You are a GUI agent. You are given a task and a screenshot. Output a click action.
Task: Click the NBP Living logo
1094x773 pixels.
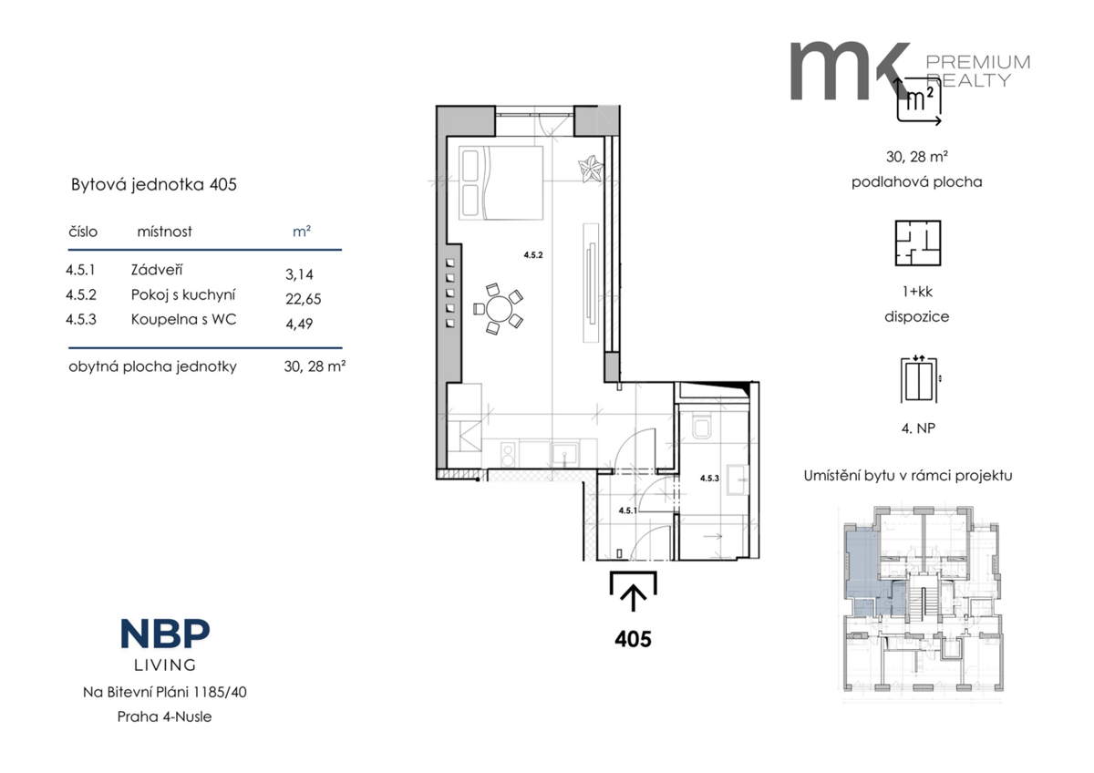[165, 644]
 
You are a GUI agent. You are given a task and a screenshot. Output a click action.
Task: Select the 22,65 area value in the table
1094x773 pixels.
[304, 299]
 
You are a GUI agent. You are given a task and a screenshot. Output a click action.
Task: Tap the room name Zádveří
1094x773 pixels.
[157, 270]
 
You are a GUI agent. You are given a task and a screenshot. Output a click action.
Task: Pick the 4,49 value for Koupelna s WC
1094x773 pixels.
[299, 324]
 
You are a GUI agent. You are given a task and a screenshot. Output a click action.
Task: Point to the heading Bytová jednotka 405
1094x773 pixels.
[154, 184]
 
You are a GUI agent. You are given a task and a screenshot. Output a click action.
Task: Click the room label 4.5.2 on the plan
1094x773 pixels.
[533, 255]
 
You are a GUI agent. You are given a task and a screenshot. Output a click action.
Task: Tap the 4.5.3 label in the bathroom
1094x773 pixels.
[709, 478]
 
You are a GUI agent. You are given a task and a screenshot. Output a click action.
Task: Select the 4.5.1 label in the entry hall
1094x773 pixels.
[627, 510]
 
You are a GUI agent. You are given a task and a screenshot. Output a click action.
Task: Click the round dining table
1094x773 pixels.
[499, 309]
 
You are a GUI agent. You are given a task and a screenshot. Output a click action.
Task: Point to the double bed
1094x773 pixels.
[501, 183]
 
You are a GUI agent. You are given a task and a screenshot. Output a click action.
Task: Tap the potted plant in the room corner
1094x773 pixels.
[591, 169]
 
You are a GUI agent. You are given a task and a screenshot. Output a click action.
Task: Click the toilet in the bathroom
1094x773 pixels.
[702, 426]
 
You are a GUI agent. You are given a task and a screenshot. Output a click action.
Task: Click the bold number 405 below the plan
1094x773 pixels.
[633, 639]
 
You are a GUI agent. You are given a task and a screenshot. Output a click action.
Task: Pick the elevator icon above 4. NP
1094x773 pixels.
[919, 379]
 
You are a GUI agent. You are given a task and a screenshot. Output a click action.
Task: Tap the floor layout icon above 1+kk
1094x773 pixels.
[918, 243]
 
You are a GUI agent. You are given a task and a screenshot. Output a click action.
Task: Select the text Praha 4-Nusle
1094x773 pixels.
[165, 716]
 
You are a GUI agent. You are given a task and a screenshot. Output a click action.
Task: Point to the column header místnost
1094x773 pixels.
[165, 232]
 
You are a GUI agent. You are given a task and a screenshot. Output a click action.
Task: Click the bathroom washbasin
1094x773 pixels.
[738, 479]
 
